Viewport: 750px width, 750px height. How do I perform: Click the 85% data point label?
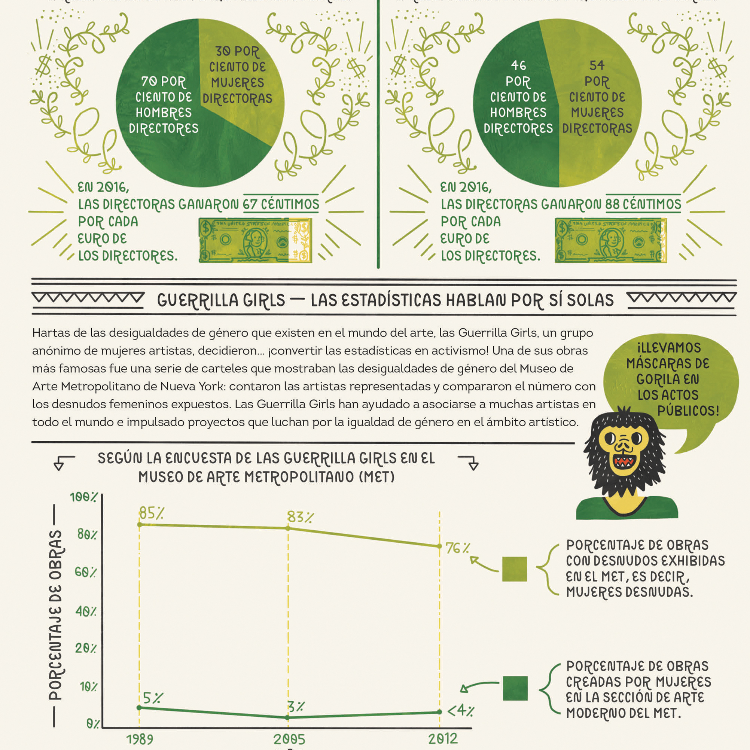point(152,513)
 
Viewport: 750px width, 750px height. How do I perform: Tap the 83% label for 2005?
point(300,517)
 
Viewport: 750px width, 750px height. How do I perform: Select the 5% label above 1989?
point(153,698)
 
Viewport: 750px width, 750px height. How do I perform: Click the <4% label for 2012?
point(461,711)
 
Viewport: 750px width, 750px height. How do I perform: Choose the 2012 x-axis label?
point(443,739)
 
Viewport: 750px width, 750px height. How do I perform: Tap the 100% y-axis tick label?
point(83,497)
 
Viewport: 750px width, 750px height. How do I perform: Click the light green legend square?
point(514,569)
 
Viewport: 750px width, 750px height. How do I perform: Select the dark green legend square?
point(515,688)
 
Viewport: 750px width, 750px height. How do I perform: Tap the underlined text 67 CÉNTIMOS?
point(281,204)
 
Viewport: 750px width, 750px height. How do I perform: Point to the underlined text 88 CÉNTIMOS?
point(643,204)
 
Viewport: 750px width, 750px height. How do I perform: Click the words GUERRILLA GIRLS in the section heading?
point(221,301)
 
